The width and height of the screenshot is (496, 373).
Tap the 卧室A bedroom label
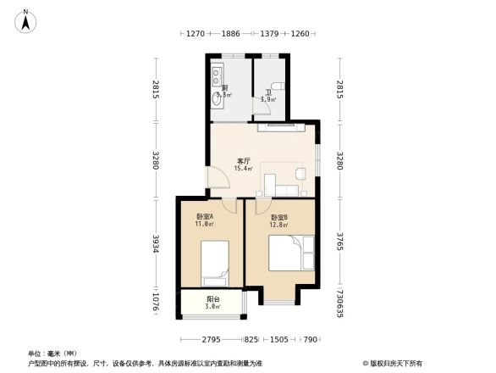click(x=205, y=216)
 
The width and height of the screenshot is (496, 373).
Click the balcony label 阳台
click(x=213, y=298)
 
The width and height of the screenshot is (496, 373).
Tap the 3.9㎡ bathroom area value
click(x=268, y=100)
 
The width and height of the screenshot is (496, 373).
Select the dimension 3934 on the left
click(x=156, y=243)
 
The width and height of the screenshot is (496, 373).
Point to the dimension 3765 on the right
click(x=339, y=241)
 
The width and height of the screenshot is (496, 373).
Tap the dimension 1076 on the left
click(x=156, y=303)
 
